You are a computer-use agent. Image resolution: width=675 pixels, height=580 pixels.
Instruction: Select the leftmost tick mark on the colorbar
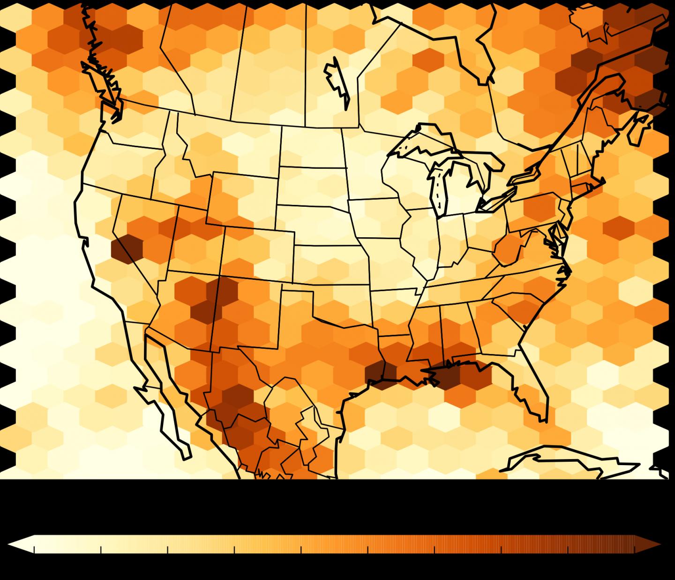click(34, 549)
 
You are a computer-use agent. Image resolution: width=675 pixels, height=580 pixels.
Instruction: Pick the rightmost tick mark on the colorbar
click(635, 549)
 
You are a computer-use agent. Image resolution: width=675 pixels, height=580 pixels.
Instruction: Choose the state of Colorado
click(258, 253)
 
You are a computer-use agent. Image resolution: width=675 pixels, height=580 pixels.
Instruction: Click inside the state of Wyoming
click(244, 202)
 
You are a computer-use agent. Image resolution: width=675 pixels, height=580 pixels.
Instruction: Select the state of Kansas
click(328, 263)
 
